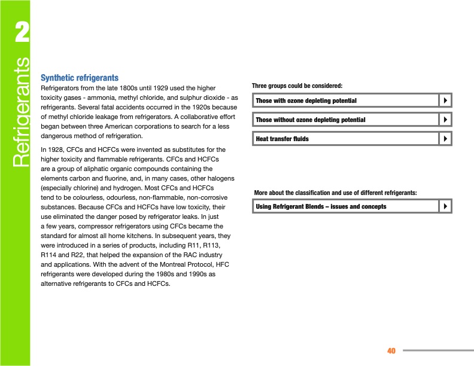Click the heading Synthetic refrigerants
pos(79,78)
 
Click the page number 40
pos(391,350)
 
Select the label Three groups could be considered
pos(297,86)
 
